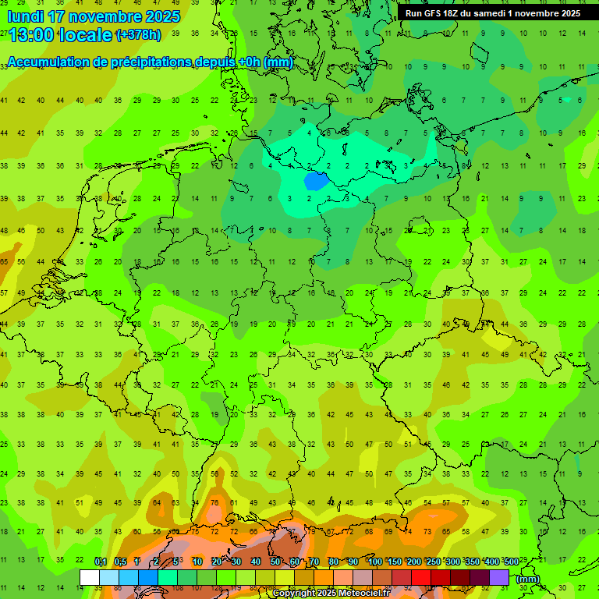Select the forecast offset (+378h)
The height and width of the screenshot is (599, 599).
point(139,35)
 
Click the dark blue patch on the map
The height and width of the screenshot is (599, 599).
point(315,181)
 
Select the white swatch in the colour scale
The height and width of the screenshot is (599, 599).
point(90,577)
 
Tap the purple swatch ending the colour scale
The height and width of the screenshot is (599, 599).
point(499,577)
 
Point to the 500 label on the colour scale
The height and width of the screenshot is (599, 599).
point(512,562)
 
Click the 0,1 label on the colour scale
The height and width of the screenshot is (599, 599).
point(101,562)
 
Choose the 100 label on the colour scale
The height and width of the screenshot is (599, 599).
point(375,562)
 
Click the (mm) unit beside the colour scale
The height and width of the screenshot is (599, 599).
point(528,579)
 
